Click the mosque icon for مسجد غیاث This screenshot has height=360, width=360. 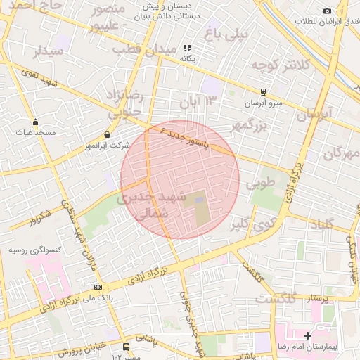(35, 122)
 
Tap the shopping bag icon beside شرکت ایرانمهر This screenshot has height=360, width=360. (107, 134)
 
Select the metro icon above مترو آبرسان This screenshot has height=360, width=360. (263, 91)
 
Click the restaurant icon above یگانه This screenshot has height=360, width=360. (188, 49)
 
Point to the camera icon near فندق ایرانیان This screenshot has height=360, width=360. (327, 11)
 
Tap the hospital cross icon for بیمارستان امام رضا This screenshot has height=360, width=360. (307, 335)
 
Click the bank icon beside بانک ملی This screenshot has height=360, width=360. (97, 286)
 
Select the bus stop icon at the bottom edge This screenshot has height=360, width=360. (126, 347)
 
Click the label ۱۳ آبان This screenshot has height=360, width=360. (195, 101)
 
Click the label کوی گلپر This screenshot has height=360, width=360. (250, 224)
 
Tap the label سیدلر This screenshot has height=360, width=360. (49, 51)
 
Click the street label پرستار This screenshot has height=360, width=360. (319, 299)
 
